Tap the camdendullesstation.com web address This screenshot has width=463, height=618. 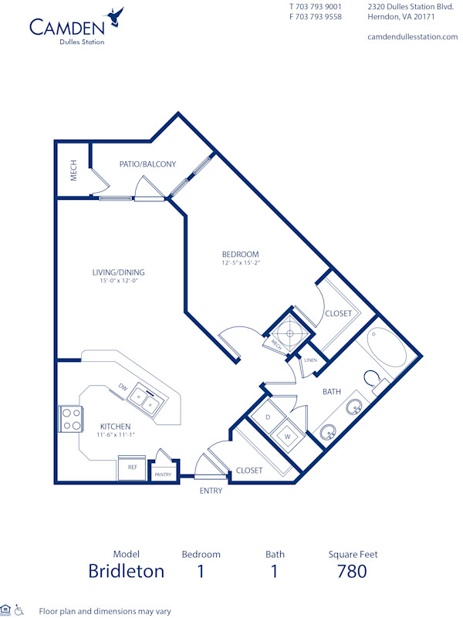tap(412, 37)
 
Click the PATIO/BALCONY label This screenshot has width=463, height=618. tap(147, 164)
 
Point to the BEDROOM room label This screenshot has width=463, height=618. tap(240, 255)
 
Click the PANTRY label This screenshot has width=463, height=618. tap(163, 474)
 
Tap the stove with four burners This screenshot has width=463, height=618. tap(71, 419)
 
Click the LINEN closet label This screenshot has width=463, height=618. tap(311, 360)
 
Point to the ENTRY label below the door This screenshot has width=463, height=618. tap(211, 491)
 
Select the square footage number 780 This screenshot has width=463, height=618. tap(351, 571)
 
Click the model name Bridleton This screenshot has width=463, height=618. tap(126, 571)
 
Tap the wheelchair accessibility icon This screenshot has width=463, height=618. tap(20, 610)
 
